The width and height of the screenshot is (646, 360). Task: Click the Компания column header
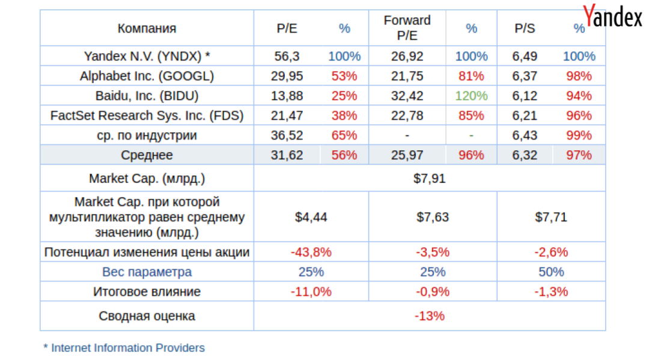pos(147,28)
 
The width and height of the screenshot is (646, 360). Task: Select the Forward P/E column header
pos(407,28)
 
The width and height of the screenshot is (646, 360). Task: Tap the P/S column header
pos(525,28)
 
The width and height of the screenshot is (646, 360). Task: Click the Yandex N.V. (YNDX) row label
pos(147,56)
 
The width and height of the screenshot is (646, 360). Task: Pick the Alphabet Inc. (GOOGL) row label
pos(147,76)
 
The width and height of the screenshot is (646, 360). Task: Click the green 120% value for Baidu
pos(471,96)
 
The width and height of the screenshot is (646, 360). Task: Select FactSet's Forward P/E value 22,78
pos(407,116)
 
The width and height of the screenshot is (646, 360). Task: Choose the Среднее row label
pos(147,155)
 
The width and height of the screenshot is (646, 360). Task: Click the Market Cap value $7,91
pos(429,178)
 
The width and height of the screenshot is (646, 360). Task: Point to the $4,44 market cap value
pos(311,217)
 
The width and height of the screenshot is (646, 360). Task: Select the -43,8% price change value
pos(311,252)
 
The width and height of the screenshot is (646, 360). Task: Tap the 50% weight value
pos(551,272)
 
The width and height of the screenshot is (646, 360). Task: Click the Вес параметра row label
pos(147,272)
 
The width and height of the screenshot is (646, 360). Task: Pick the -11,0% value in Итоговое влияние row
pos(311,292)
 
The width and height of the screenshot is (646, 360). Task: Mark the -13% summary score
pos(429,316)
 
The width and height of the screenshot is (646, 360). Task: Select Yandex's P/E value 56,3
pos(287,56)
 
